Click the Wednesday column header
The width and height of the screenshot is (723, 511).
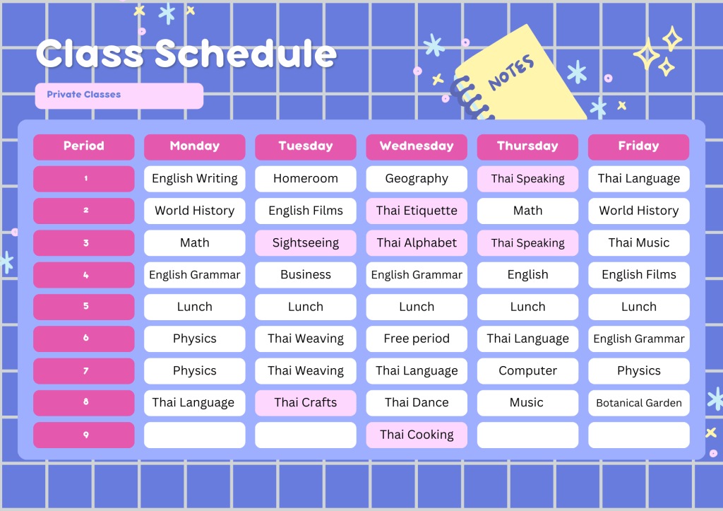[417, 147]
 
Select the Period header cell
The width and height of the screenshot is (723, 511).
[83, 147]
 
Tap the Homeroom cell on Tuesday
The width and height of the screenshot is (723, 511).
[305, 179]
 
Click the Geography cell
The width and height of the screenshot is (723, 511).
[417, 179]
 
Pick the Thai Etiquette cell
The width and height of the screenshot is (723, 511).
[417, 211]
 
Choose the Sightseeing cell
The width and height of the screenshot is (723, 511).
[305, 243]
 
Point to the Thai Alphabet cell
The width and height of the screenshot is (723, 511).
[417, 243]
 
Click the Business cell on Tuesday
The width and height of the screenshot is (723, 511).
[305, 275]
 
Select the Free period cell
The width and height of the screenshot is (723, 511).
[417, 339]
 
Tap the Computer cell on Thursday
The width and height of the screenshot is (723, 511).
[527, 370]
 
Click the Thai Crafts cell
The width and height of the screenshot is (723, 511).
[305, 403]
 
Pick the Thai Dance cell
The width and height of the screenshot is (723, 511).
[417, 403]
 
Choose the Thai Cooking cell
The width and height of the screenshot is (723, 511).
[417, 435]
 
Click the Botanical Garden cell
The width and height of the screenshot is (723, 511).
[638, 403]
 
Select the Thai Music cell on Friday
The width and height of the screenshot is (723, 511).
[638, 243]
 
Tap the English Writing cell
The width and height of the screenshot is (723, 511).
[195, 179]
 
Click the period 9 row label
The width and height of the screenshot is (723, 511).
[83, 435]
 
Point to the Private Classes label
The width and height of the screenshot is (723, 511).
[83, 95]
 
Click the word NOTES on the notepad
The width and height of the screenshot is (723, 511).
[511, 72]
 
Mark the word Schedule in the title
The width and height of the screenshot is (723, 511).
[246, 54]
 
